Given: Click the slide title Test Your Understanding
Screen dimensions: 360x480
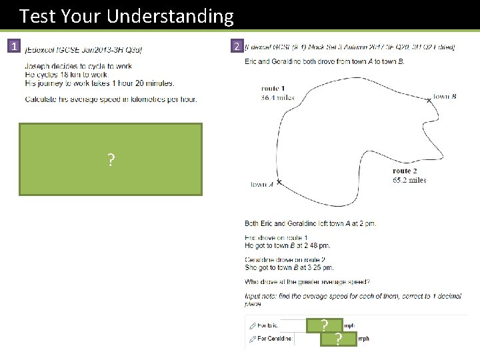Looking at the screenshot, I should click(127, 15).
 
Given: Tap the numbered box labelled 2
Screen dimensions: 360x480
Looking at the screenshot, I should click(236, 47).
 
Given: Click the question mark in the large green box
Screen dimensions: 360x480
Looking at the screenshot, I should click(111, 160).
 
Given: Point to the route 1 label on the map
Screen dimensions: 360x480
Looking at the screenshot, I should click(273, 89).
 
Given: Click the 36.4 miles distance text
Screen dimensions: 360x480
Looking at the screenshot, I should click(277, 97).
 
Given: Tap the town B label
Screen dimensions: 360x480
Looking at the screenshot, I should click(445, 96).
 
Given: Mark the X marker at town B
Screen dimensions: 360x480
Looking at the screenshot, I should click(429, 101).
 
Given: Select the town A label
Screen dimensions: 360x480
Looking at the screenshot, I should click(262, 185).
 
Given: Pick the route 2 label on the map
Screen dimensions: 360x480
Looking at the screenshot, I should click(405, 171).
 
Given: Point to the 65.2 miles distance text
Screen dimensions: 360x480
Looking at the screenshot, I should click(409, 180).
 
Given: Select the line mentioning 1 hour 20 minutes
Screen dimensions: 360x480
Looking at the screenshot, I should click(99, 83).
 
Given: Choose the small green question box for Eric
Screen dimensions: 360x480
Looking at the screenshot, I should click(324, 326).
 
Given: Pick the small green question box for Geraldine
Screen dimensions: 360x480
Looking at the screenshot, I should click(338, 339).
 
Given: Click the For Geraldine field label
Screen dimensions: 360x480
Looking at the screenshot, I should click(275, 339).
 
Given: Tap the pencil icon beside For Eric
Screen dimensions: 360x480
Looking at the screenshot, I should click(252, 326).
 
